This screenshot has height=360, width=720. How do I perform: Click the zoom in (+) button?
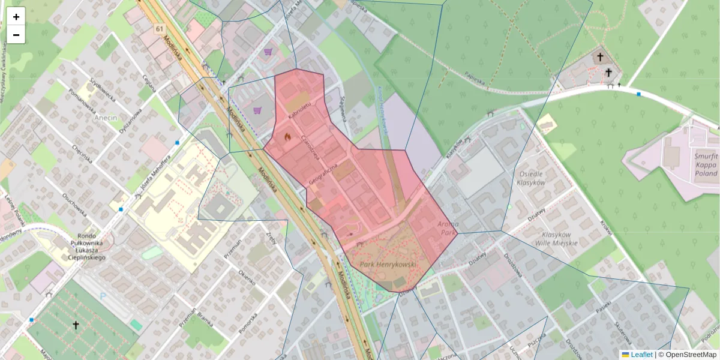coord(16,17)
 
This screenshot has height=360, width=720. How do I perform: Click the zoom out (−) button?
coord(16,35)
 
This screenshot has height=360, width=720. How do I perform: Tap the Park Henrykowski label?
coord(388,264)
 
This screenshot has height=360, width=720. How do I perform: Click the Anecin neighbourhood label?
coord(107,118)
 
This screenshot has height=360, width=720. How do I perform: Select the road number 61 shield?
coord(158,29)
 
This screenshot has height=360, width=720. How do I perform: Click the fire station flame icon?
coord(287,137)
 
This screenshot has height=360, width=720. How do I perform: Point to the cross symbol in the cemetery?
coord(76,325)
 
